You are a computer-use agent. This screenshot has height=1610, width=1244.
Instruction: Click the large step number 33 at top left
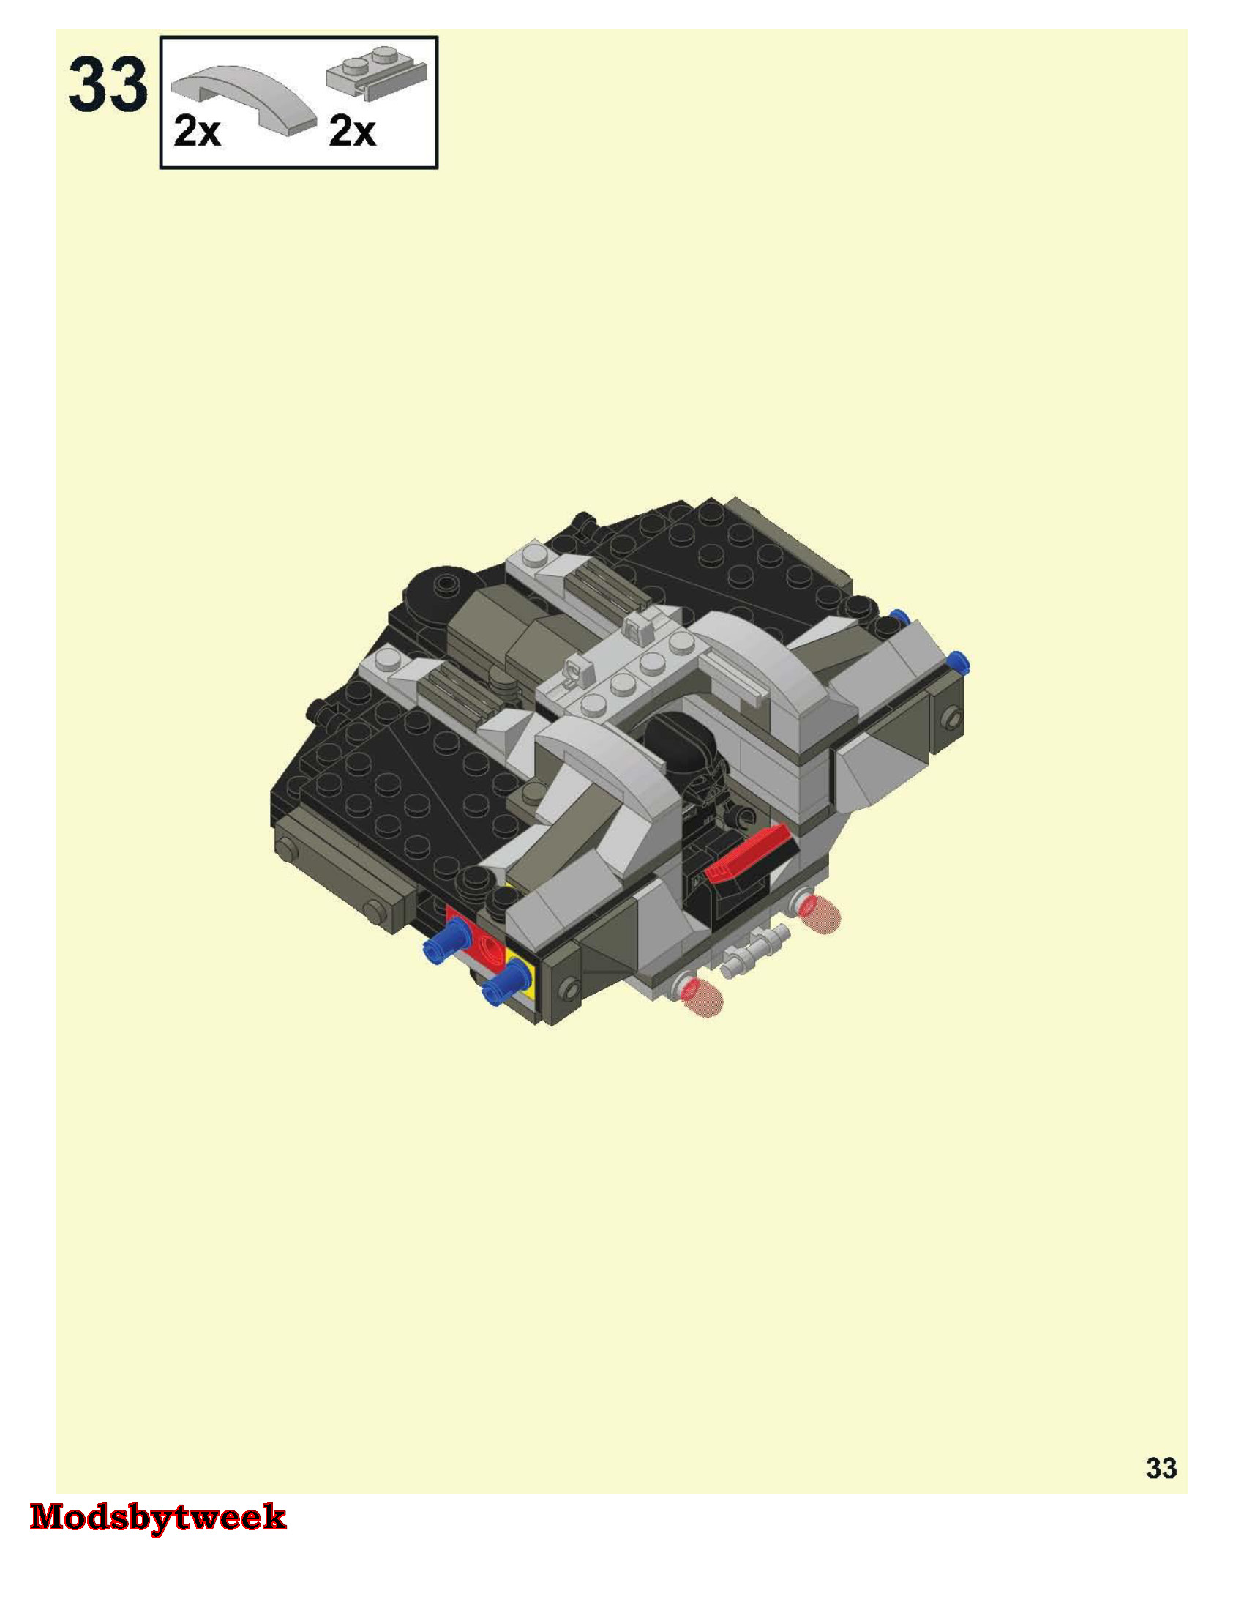[x=108, y=86]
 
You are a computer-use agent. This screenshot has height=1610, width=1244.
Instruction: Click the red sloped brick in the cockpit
[x=749, y=853]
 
